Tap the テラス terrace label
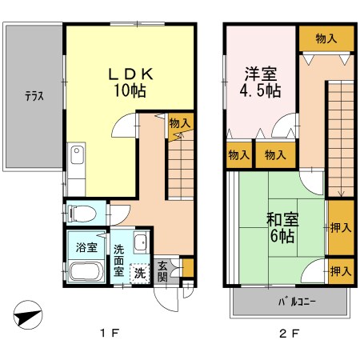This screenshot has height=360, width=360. pyautogui.click(x=33, y=96)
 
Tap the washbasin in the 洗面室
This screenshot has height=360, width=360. pyautogui.click(x=140, y=245)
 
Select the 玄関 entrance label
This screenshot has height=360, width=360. pyautogui.click(x=162, y=270)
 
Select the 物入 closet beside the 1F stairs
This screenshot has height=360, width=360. pyautogui.click(x=180, y=122)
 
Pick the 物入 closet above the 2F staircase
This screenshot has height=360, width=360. pyautogui.click(x=325, y=37)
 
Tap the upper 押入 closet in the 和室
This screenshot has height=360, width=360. pyautogui.click(x=340, y=227)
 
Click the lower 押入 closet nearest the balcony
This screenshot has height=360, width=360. pyautogui.click(x=340, y=271)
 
